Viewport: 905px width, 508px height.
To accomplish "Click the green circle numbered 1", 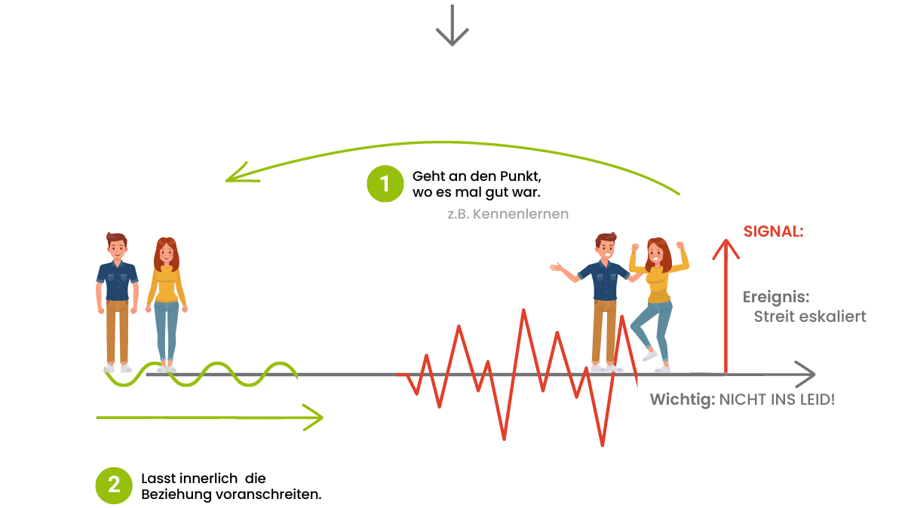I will click(385, 184).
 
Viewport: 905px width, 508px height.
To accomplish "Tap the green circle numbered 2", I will click(114, 485).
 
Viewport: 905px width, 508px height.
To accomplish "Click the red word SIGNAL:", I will click(773, 232).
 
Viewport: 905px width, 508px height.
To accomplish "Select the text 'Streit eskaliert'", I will click(809, 317).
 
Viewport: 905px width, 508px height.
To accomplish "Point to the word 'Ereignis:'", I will click(776, 297).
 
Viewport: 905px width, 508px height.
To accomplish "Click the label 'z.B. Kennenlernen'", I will click(508, 214).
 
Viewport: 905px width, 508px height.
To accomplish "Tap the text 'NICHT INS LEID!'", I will click(777, 399).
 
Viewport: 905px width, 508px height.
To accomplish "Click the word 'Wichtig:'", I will click(682, 399).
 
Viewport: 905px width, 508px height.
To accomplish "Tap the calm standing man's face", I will click(117, 249).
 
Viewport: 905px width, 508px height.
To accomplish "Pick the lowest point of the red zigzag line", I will click(602, 445).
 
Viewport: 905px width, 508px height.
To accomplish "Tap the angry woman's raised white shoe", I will click(649, 355).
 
